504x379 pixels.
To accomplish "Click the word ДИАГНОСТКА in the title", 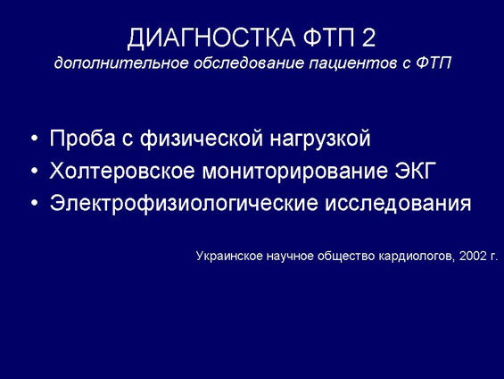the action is (x=211, y=38).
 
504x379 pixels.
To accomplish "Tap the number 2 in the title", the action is (x=369, y=38).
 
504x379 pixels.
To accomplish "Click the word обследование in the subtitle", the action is (x=249, y=63).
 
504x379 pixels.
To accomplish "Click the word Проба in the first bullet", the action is (x=82, y=139).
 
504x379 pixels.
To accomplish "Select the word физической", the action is (x=202, y=139).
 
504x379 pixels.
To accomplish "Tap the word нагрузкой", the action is (x=320, y=139).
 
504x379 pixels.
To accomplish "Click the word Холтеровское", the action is (x=122, y=171).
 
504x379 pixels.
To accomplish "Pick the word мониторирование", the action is (x=294, y=171).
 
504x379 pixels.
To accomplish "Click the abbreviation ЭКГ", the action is (x=415, y=171).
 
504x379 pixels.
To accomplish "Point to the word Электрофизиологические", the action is (x=184, y=204).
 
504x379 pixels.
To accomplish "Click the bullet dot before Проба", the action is (x=35, y=139).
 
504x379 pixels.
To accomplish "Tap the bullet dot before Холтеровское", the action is (x=35, y=172).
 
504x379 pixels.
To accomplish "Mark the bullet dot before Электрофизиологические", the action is (x=35, y=204).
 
